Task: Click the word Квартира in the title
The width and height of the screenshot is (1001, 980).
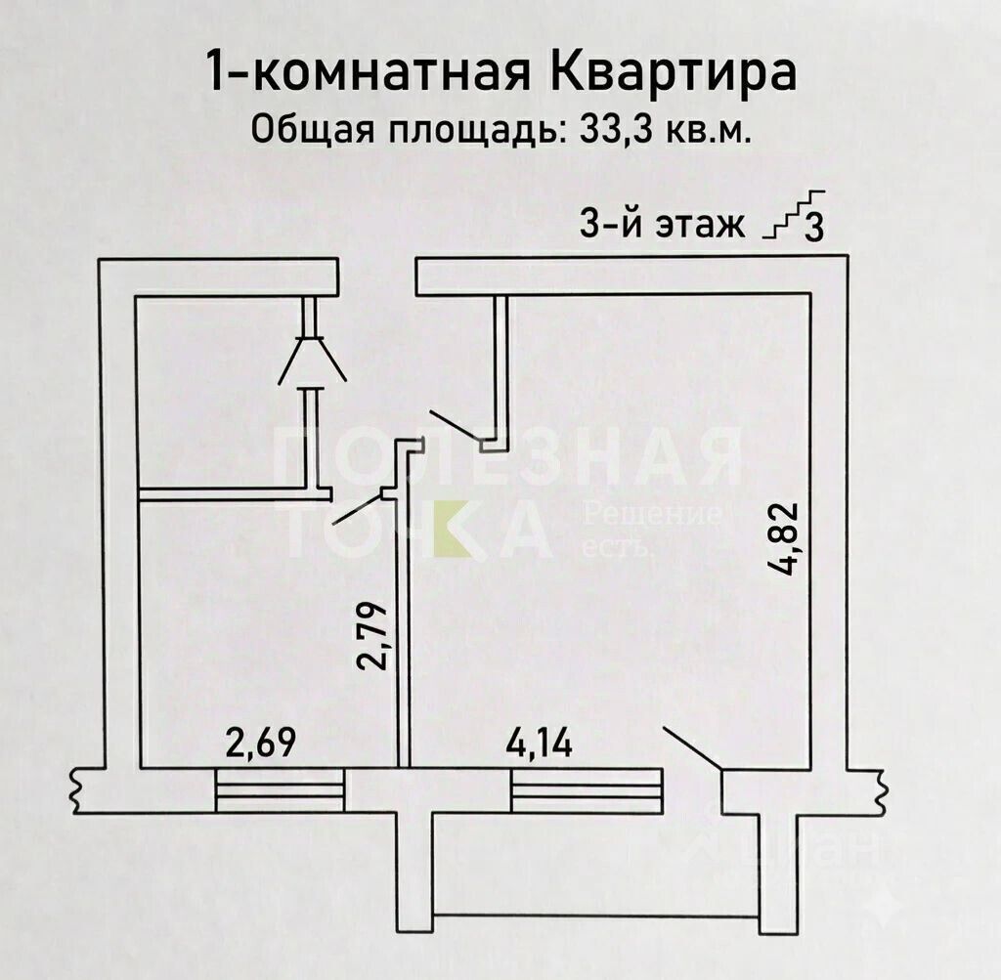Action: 674,72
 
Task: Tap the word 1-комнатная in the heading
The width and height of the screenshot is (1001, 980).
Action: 369,72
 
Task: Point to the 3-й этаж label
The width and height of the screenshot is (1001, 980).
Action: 662,225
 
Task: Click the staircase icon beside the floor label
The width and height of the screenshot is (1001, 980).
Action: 795,215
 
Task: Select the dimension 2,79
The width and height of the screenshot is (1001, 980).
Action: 373,635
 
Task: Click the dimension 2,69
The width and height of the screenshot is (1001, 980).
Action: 262,742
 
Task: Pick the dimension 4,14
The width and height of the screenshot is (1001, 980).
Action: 540,744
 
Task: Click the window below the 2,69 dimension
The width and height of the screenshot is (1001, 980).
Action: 281,789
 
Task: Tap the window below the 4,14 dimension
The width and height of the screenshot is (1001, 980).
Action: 587,789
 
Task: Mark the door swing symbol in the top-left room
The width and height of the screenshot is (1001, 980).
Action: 312,360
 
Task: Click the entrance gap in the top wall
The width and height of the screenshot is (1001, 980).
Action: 376,277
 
